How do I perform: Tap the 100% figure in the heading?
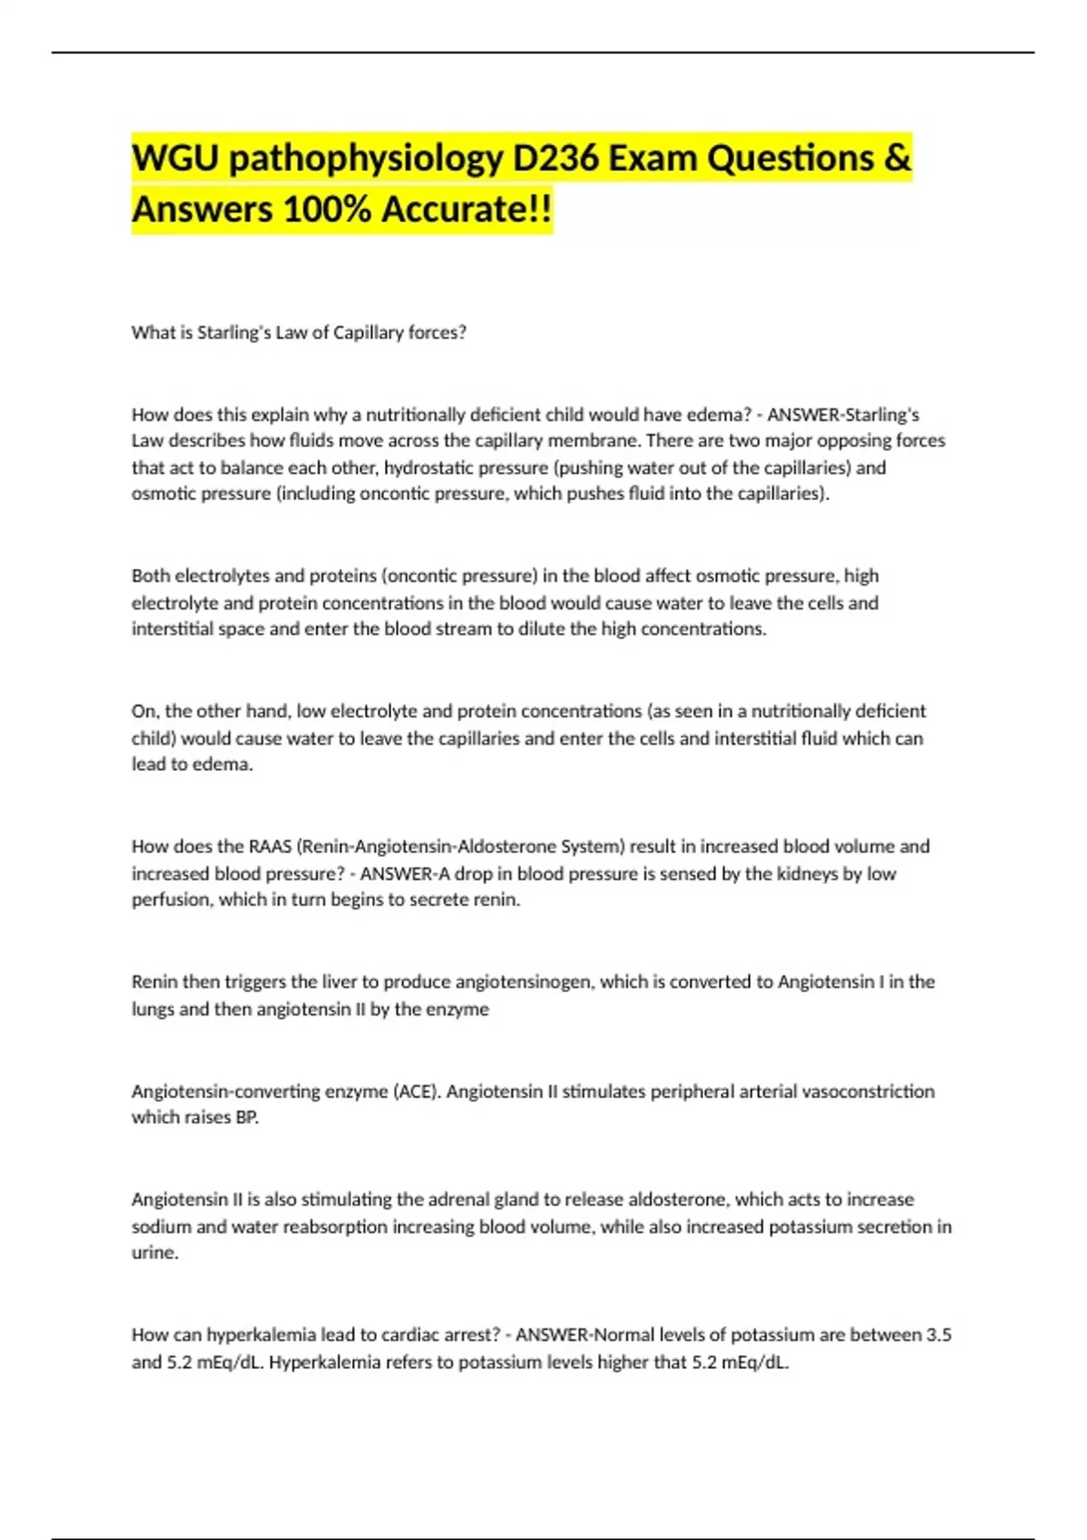(328, 210)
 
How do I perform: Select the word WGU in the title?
(175, 159)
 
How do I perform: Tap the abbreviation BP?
(246, 1118)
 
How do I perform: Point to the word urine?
(154, 1253)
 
